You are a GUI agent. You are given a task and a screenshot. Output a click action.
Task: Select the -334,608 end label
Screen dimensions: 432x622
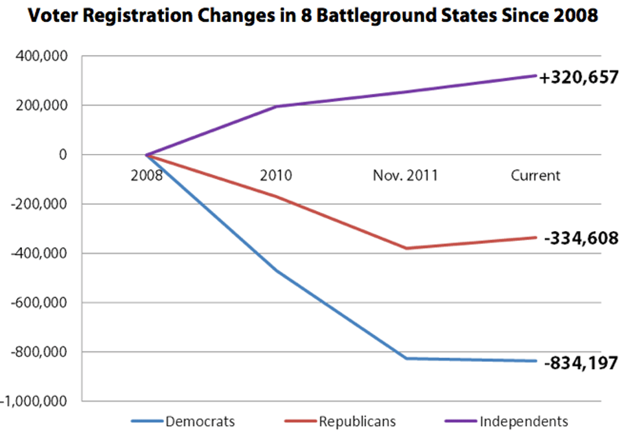tap(581, 238)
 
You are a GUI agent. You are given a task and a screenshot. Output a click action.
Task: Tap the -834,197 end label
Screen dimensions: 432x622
tap(581, 363)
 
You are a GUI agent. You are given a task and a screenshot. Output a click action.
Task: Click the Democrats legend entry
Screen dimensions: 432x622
tap(199, 421)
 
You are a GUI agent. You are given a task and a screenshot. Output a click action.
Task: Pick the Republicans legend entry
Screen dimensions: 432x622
tap(356, 421)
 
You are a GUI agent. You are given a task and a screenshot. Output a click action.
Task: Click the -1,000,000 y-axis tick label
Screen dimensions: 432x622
tap(38, 401)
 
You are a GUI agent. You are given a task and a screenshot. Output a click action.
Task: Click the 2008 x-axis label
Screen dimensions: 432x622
tap(146, 175)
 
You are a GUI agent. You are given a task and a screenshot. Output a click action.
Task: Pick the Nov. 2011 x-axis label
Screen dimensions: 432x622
tap(406, 175)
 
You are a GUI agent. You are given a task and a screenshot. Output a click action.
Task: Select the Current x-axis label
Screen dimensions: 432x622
tap(535, 175)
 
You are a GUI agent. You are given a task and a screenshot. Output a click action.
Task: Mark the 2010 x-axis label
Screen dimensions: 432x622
tap(276, 175)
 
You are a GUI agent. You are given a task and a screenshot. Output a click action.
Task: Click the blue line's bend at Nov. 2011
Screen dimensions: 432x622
tap(406, 358)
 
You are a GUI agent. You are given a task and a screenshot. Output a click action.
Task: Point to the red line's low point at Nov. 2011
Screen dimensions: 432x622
tap(406, 248)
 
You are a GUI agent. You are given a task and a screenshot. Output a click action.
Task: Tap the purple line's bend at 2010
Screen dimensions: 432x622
tap(277, 106)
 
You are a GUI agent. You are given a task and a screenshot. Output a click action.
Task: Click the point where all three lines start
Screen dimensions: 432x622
tap(147, 155)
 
